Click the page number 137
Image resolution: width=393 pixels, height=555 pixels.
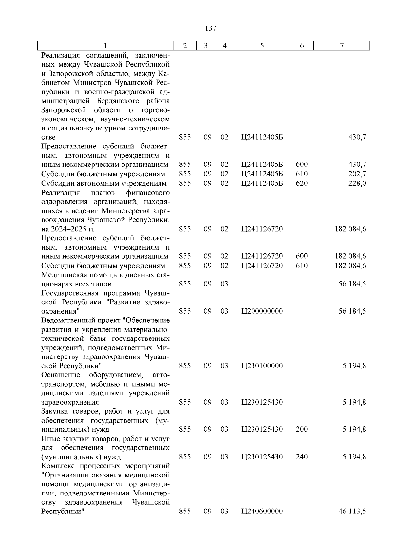(x=210, y=28)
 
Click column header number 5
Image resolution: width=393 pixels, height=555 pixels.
(x=262, y=46)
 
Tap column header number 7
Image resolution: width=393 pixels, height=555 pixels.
(x=342, y=46)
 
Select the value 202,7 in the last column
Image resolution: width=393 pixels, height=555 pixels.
(x=357, y=174)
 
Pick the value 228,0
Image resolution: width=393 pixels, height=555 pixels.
(x=357, y=183)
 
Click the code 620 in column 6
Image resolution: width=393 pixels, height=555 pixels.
(x=302, y=183)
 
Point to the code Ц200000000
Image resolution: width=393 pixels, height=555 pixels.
(x=262, y=311)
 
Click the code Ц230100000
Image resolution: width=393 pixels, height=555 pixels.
(x=262, y=366)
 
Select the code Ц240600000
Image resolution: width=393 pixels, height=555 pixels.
(x=262, y=511)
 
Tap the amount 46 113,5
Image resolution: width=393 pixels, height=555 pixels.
(x=352, y=511)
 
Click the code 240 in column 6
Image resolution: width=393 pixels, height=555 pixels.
(x=302, y=457)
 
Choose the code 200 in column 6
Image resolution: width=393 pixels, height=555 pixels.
(x=302, y=429)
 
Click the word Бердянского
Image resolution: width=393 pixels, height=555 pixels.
(x=118, y=101)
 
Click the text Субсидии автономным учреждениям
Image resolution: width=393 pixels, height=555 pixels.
(x=104, y=183)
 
